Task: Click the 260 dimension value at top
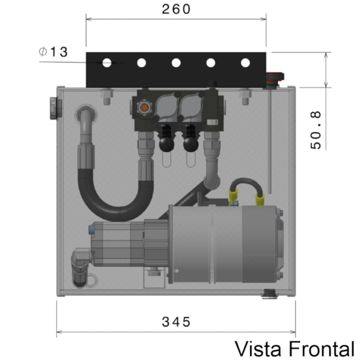176,9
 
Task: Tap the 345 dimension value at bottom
176,322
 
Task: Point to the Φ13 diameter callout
53,52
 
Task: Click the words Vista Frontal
294,349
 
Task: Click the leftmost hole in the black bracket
107,62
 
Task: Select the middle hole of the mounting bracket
176,62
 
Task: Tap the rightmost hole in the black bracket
245,62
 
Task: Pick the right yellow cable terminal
261,193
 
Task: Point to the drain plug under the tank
269,294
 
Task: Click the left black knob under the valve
164,142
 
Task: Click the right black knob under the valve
191,143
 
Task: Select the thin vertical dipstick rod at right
271,138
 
